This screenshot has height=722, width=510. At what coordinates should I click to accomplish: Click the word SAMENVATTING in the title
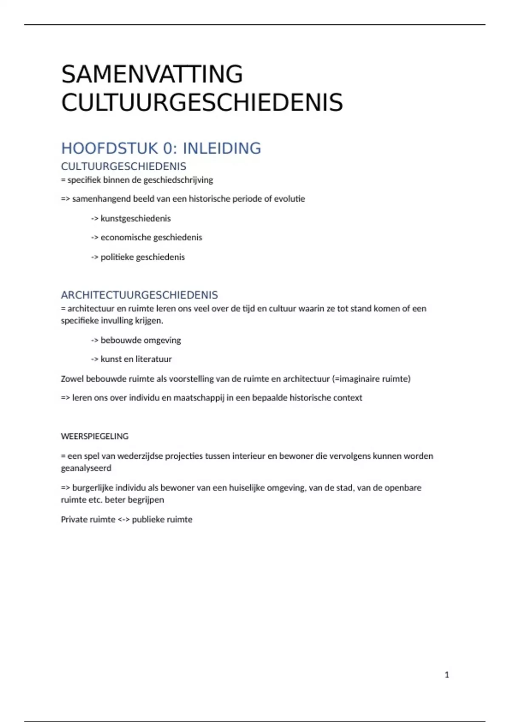tap(152, 74)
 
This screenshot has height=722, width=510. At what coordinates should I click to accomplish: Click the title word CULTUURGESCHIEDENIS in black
tap(202, 103)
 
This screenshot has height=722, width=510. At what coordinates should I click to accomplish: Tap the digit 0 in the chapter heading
tap(168, 148)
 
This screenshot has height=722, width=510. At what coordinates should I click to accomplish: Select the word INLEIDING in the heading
tap(222, 148)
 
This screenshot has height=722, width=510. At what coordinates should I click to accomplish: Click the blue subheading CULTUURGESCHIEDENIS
tap(124, 166)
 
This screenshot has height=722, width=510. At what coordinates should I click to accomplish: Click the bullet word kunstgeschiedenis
tap(136, 219)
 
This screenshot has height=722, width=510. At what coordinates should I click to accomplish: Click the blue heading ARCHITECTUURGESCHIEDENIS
tap(139, 295)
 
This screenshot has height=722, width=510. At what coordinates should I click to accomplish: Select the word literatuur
tap(153, 359)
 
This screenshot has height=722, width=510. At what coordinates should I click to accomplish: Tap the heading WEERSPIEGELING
tap(94, 436)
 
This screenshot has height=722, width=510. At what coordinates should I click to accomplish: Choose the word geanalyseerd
tap(86, 468)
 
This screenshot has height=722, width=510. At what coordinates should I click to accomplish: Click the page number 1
tap(447, 674)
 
